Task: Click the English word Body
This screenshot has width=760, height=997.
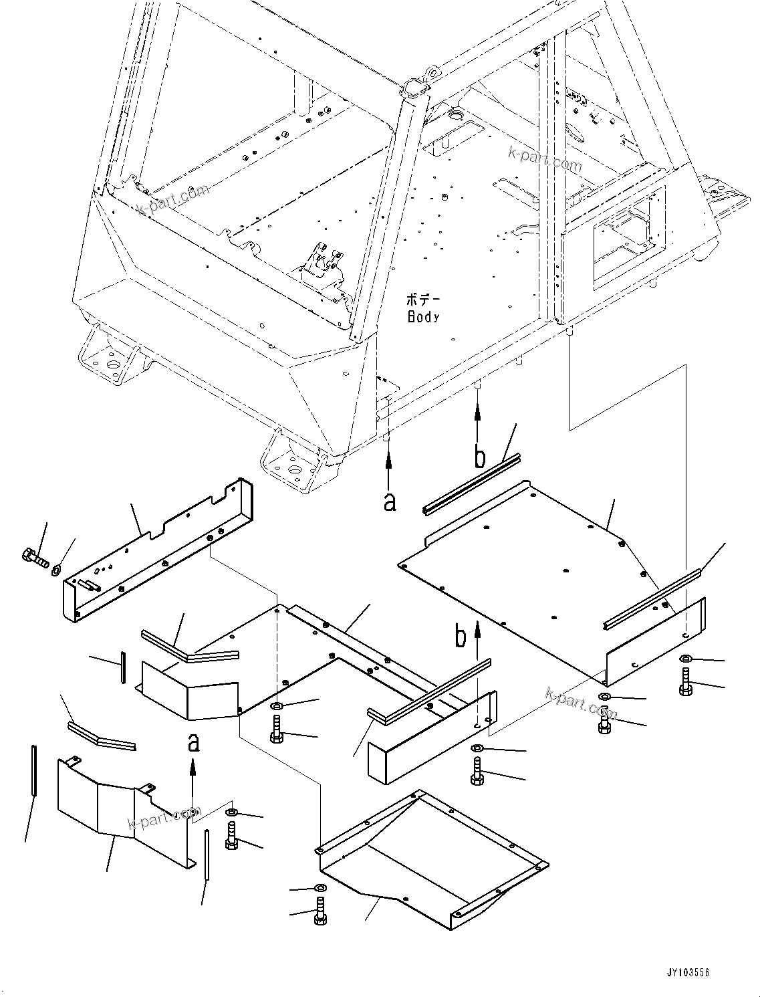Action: pyautogui.click(x=424, y=316)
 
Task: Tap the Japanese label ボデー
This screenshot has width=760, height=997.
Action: pyautogui.click(x=422, y=299)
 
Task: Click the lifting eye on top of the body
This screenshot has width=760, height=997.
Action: pyautogui.click(x=432, y=70)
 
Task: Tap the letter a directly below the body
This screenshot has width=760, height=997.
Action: pyautogui.click(x=390, y=501)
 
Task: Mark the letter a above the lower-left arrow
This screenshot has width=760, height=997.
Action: pyautogui.click(x=193, y=742)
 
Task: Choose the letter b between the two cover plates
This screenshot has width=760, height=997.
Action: pyautogui.click(x=461, y=637)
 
